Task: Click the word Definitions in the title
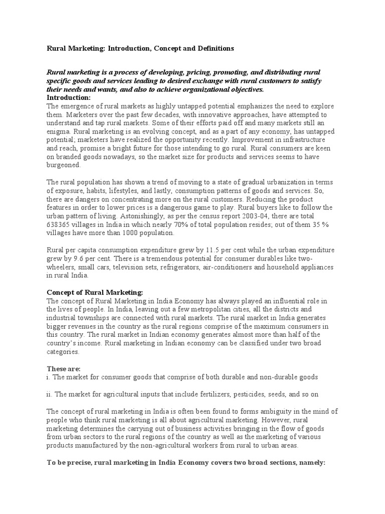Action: [214, 49]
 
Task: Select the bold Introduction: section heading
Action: [69, 97]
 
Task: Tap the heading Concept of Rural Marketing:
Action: [95, 292]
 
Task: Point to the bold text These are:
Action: [63, 368]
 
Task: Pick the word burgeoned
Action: [64, 165]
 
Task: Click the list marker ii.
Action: [49, 395]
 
